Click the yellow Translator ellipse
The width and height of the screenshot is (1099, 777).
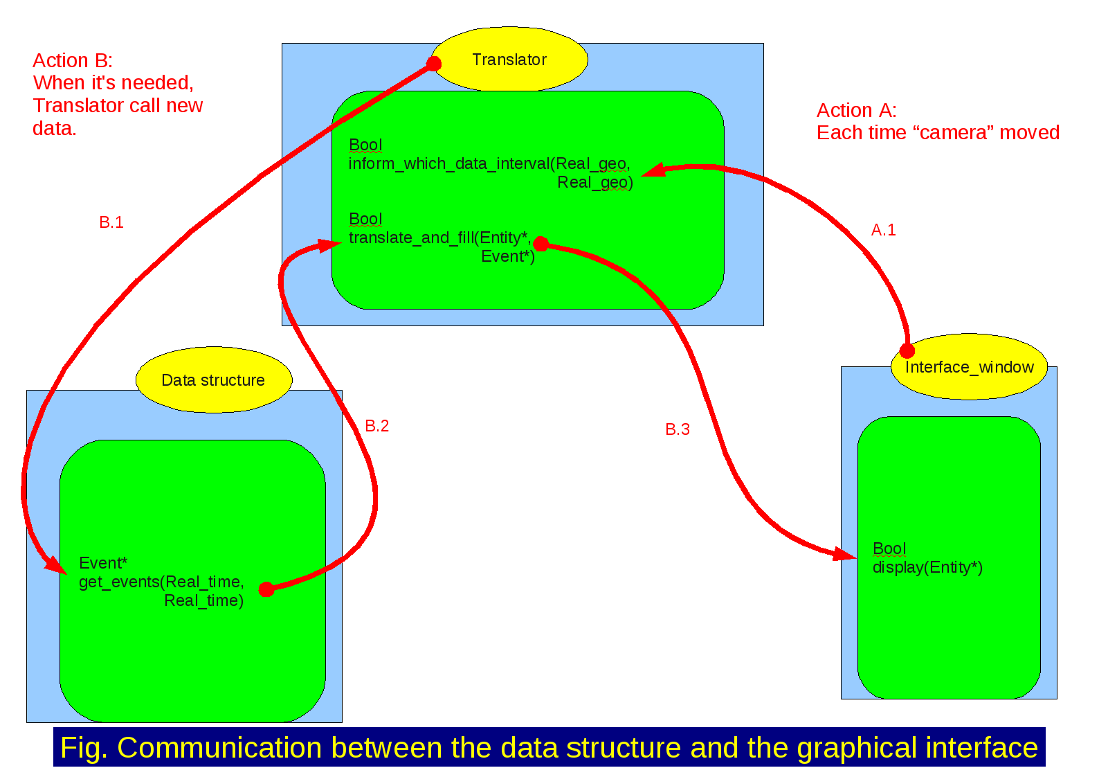click(x=509, y=60)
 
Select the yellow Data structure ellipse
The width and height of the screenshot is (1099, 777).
click(x=213, y=380)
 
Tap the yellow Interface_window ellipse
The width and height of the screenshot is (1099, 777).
click(x=969, y=367)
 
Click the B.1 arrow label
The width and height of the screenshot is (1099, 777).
click(x=111, y=222)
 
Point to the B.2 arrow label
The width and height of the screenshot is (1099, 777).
click(x=377, y=426)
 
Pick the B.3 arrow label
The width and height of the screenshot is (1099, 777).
click(x=678, y=429)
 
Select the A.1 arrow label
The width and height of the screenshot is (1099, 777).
click(x=883, y=230)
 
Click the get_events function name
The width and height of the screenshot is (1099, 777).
click(x=119, y=582)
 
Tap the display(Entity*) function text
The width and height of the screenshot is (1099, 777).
click(x=927, y=567)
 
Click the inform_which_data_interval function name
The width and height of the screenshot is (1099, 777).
click(x=448, y=163)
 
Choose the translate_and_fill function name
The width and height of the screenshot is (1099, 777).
click(x=411, y=238)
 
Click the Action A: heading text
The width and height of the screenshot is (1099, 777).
click(x=857, y=110)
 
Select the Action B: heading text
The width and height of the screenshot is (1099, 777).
click(x=73, y=60)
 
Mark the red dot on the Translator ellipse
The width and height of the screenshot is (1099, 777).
click(x=434, y=64)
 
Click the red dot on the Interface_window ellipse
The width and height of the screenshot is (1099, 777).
click(x=907, y=350)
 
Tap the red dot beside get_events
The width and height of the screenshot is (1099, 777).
click(x=266, y=589)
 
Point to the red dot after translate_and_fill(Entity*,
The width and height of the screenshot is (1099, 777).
click(x=541, y=244)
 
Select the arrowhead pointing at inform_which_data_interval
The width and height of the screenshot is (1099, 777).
click(x=651, y=170)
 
